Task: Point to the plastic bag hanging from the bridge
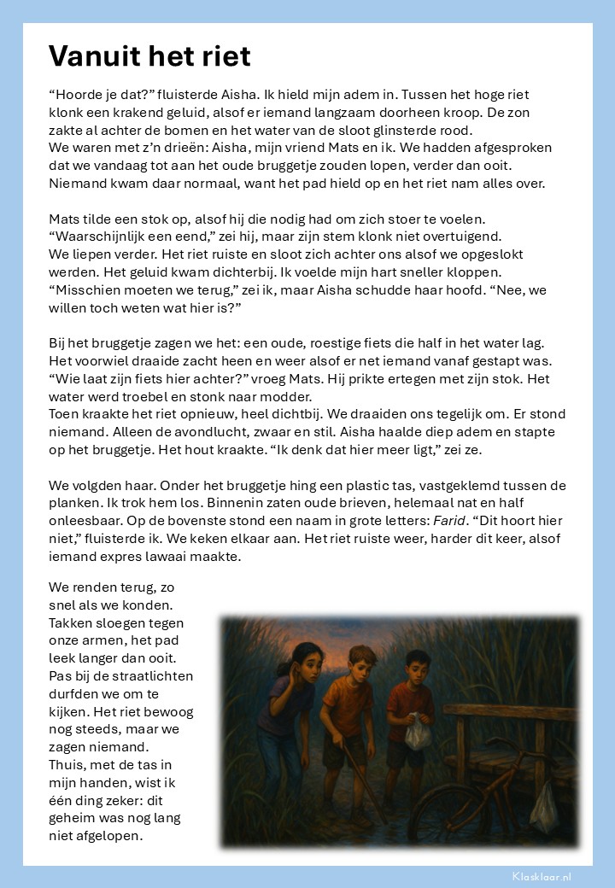point(543,803)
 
